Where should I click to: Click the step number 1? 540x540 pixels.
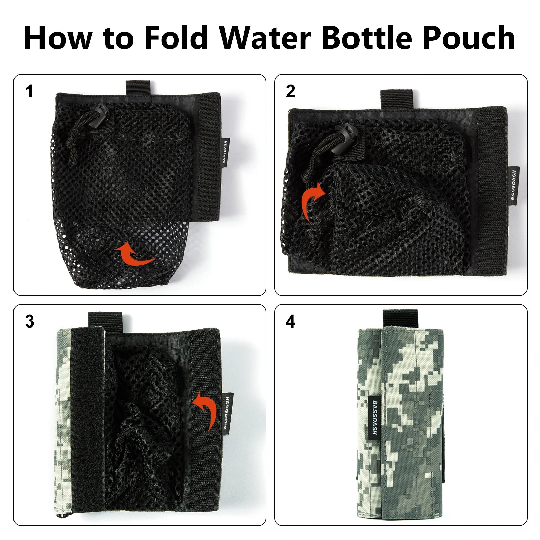pos(30,92)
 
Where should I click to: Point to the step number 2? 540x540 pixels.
pos(290,92)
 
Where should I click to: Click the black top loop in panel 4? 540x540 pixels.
pos(400,319)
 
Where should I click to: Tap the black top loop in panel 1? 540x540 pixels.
pos(138,88)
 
